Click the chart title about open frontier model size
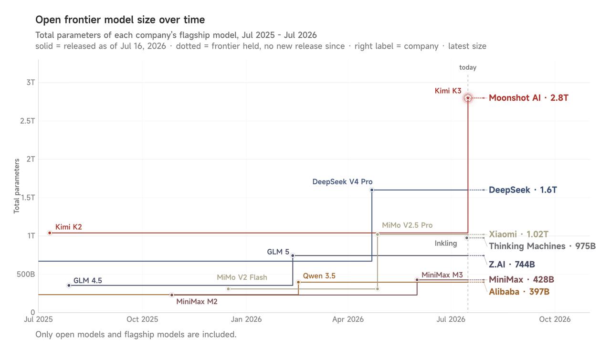pos(120,20)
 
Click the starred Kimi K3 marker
pos(468,98)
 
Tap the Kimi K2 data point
pos(50,233)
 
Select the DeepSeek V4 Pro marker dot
pos(372,190)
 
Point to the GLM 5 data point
pos(293,255)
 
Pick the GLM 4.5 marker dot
pos(69,285)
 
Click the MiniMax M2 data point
pos(171,295)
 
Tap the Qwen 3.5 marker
pos(298,282)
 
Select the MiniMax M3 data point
pos(417,280)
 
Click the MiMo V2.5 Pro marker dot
pos(378,234)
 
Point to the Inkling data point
pos(467,238)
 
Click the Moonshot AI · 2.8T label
pos(528,98)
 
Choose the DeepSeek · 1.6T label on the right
pos(523,190)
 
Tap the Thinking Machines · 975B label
pos(542,246)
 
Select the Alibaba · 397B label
pos(519,292)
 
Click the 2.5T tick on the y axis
pos(28,121)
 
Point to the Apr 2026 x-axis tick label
pos(348,319)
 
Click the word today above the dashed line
pos(468,67)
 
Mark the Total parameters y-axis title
pos(17,186)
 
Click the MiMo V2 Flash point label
pos(242,277)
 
